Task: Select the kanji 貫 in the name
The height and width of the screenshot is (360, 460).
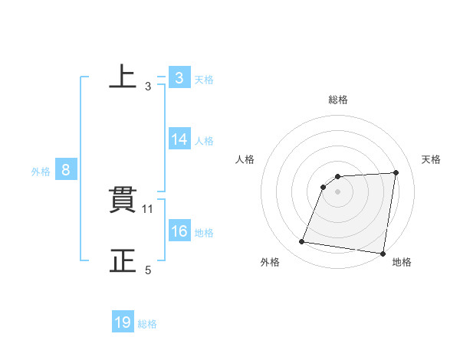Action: tap(123, 201)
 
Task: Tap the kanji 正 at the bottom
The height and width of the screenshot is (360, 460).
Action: tap(123, 260)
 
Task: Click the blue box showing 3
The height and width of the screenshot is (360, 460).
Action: tap(179, 78)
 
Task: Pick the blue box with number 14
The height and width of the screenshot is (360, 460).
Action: tap(179, 139)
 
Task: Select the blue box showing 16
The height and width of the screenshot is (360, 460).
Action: tap(179, 231)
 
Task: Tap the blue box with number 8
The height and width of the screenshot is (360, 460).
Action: tap(66, 170)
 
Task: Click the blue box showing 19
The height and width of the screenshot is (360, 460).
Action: tap(123, 323)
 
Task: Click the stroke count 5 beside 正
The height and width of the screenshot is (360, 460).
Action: tap(148, 270)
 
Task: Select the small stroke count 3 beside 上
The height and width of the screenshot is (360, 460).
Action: tap(148, 87)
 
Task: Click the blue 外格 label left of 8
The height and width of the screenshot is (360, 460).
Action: tap(41, 172)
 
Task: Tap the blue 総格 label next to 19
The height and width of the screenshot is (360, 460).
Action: tap(147, 324)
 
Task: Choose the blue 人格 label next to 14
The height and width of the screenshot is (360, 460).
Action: tap(204, 141)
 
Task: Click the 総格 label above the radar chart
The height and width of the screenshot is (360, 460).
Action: tap(338, 100)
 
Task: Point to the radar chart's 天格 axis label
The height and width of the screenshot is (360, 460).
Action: tap(432, 159)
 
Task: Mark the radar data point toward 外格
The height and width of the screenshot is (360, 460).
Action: tap(302, 242)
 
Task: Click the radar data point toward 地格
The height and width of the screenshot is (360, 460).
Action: tap(383, 253)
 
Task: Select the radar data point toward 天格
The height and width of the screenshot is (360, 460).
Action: tap(396, 172)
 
